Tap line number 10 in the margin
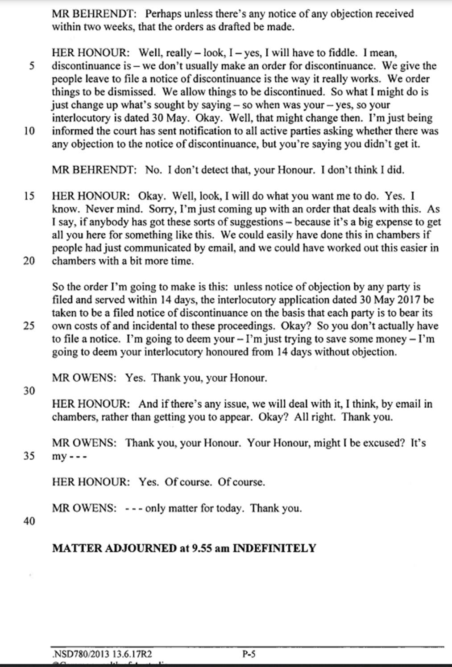pyautogui.click(x=29, y=131)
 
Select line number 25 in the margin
pyautogui.click(x=29, y=326)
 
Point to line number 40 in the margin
pyautogui.click(x=29, y=521)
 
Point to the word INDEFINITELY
pyautogui.click(x=274, y=548)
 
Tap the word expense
pyautogui.click(x=383, y=222)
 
